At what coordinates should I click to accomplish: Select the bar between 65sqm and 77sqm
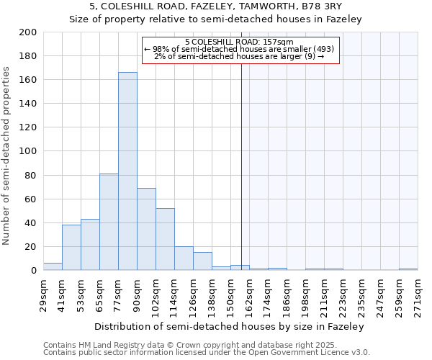(109, 222)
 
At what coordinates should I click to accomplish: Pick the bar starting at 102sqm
(165, 239)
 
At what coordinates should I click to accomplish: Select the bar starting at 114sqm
(184, 258)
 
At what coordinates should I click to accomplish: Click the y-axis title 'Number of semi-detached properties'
(7, 156)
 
